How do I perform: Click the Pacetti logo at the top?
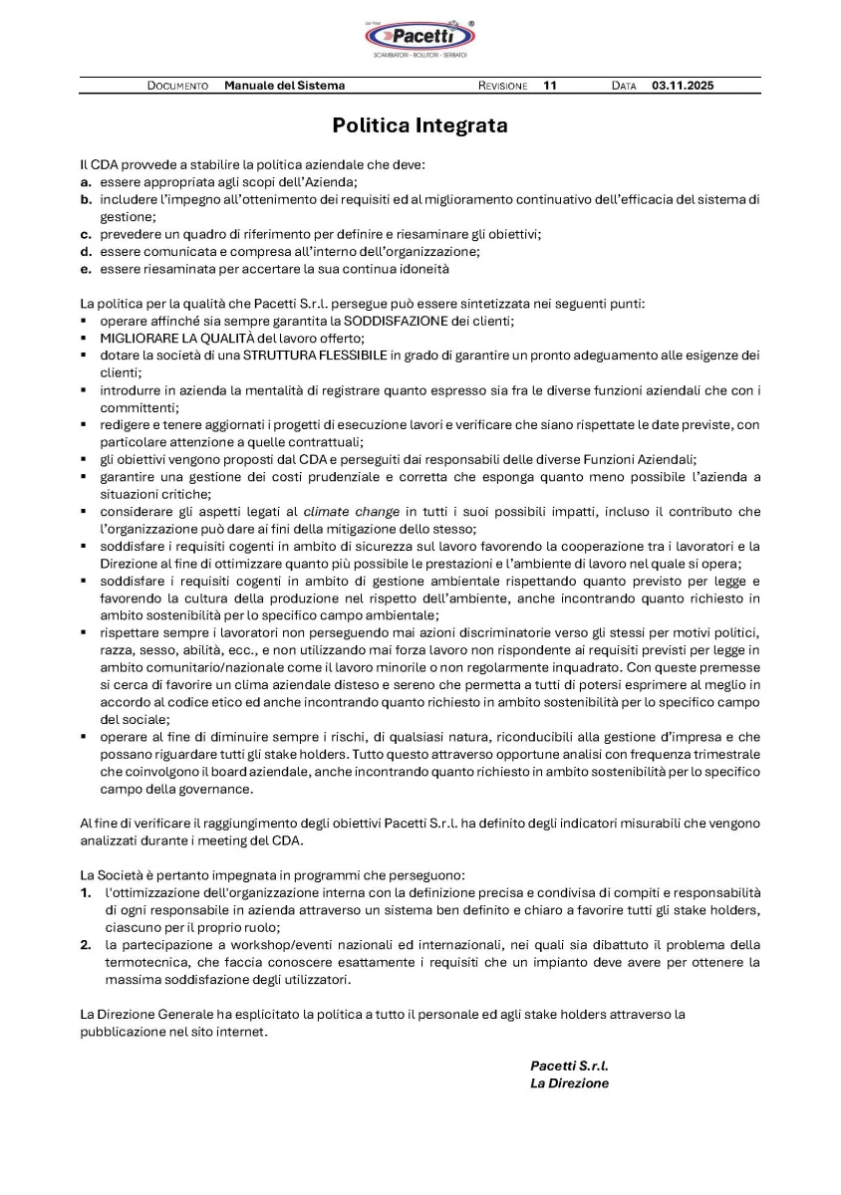click(x=420, y=38)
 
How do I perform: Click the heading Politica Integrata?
click(x=420, y=125)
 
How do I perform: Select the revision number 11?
click(x=550, y=86)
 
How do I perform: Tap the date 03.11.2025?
click(x=683, y=86)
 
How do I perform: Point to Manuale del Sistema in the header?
click(x=284, y=86)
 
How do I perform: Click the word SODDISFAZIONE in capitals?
click(x=402, y=321)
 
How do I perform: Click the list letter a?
click(x=86, y=182)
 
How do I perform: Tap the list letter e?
click(x=86, y=269)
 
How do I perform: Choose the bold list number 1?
click(x=87, y=893)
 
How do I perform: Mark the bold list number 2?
click(x=87, y=945)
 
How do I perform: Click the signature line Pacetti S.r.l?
click(x=569, y=1066)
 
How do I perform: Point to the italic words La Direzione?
click(x=569, y=1083)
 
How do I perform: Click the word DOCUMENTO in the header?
click(x=177, y=86)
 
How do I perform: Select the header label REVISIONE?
click(x=502, y=86)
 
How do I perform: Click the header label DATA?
click(x=624, y=86)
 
